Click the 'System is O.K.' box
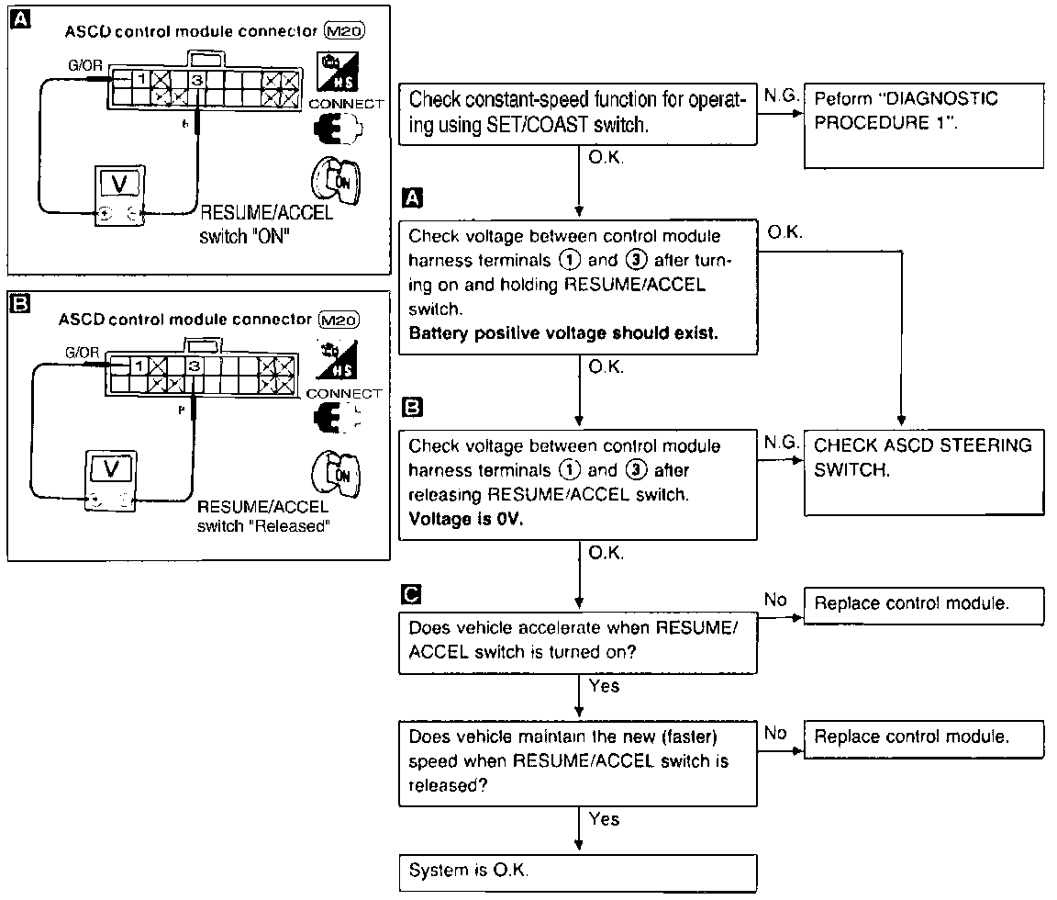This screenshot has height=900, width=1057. pos(579,871)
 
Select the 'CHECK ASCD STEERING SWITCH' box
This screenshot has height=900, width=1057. pos(924,474)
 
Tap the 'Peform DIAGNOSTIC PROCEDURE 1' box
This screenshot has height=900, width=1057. pos(924,125)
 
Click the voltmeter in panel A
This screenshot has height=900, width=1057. pos(119,197)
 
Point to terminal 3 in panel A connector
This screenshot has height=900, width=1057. pos(196,80)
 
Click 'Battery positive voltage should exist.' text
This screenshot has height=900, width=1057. pos(563,333)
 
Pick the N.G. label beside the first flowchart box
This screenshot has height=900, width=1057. pos(777,95)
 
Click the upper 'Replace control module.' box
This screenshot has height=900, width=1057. pos(924,604)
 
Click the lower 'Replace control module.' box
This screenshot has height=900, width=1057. pos(924,737)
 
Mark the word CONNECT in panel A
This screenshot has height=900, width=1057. pos(345,104)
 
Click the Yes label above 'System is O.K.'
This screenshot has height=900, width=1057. pos(604,818)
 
